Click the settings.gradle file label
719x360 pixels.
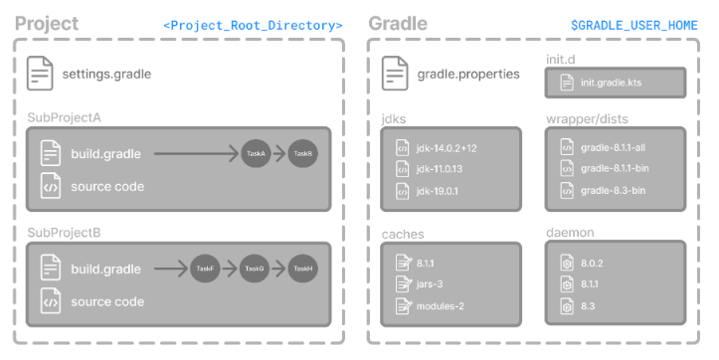tap(106, 74)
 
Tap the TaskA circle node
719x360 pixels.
tap(256, 154)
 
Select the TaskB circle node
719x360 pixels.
tap(303, 154)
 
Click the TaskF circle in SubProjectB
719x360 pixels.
tap(206, 269)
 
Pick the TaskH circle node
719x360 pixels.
tap(303, 269)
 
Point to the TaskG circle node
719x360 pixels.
tap(255, 269)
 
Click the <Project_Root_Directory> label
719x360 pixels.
tap(253, 25)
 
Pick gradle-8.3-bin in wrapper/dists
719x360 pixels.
tap(613, 191)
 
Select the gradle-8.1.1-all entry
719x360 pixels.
tap(614, 147)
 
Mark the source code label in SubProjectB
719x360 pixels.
tap(106, 301)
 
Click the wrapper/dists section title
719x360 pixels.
tap(586, 118)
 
